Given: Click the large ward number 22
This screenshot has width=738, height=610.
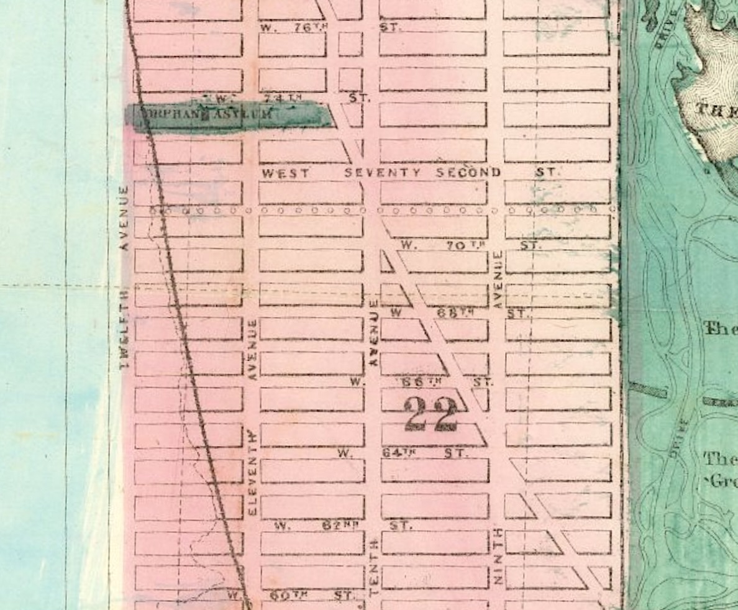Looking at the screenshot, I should point(431,414).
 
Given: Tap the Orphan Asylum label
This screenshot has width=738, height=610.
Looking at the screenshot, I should point(205,114).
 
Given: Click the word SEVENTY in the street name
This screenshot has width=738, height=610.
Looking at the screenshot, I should point(383,173).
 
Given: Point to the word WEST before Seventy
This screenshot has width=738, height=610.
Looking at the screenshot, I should point(285,173).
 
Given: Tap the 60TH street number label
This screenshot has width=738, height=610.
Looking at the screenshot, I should point(289,595).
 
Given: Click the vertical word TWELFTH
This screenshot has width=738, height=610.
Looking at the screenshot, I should point(124,329).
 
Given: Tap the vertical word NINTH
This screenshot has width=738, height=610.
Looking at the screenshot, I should point(497,557).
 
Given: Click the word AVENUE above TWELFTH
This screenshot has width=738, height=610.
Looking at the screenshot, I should point(124,217).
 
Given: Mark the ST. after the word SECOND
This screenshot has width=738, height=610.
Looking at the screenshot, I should point(546,172).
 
